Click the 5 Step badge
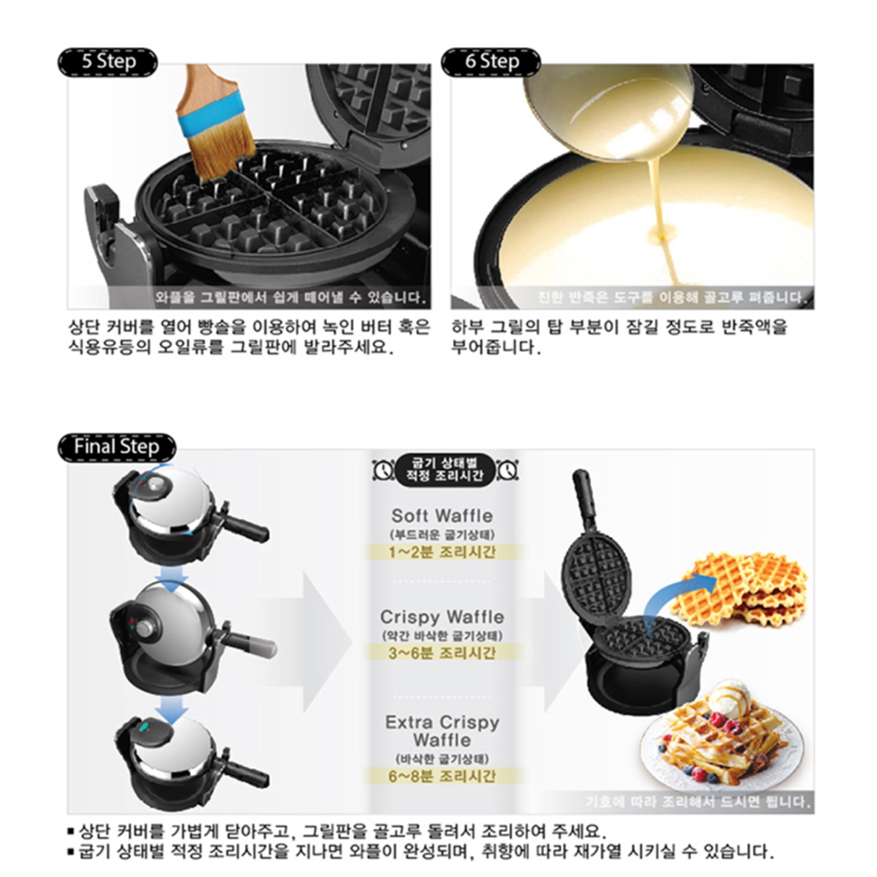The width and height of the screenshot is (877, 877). point(108,62)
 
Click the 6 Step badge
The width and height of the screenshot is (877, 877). point(491,62)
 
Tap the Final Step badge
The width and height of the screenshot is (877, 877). point(116,447)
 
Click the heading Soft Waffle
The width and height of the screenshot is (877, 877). point(442,515)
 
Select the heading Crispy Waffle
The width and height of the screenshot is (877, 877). point(442,616)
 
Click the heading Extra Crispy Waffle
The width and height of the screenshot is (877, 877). point(442,731)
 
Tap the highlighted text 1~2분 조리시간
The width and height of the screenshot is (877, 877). point(442,552)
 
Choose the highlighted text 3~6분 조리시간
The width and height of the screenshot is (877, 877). point(442,652)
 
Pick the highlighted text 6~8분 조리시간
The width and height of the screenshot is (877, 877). point(442,776)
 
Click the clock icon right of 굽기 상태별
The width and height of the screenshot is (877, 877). point(507,469)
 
